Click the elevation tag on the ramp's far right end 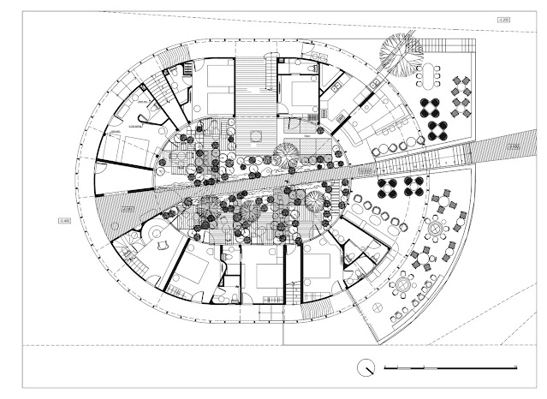click(x=514, y=147)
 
